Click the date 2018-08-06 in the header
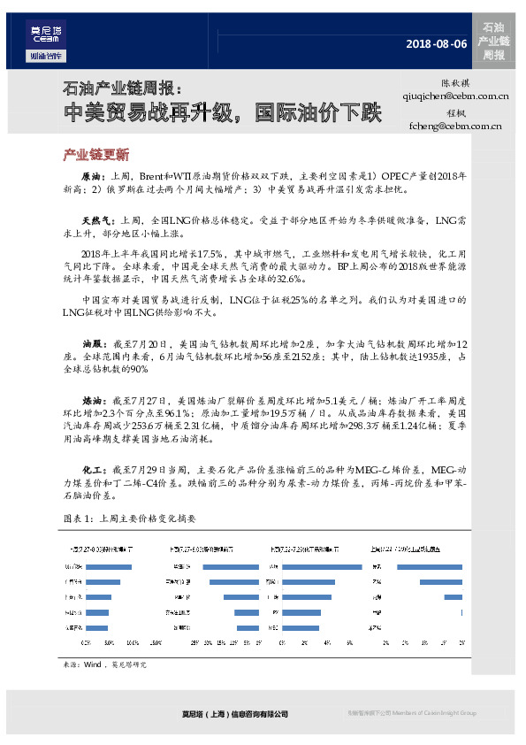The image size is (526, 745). coord(436,43)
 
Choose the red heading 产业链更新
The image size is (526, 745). coord(96,154)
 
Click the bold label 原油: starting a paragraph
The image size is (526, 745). coord(95,177)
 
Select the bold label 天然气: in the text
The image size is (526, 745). coord(98,219)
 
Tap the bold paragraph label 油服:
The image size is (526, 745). coord(95,342)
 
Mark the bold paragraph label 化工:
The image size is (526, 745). coord(95,468)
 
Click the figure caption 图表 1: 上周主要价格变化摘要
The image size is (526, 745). coord(128,517)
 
